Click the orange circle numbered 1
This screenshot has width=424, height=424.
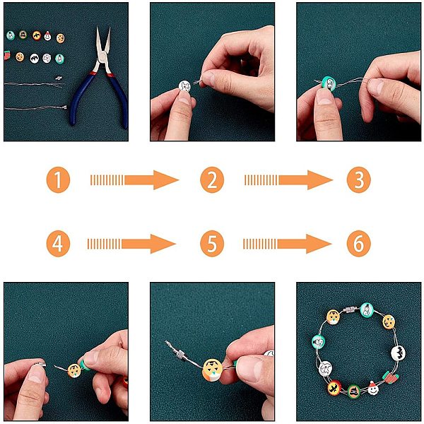point(58,179)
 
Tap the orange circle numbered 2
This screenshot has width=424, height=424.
point(212,179)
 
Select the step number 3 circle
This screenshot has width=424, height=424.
point(358,179)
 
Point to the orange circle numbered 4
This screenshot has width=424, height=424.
point(58,244)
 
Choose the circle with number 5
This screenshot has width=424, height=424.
point(212,244)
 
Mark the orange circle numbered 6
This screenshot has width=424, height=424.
point(358,244)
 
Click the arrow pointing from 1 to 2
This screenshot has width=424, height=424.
point(134,179)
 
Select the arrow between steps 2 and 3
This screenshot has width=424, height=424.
point(288,179)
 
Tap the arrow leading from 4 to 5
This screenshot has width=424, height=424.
point(131,244)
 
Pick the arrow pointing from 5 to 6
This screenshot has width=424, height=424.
point(287,244)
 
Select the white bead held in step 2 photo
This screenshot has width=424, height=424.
point(184,86)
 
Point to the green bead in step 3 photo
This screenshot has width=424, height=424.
point(329,83)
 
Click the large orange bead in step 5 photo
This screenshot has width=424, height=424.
point(212,370)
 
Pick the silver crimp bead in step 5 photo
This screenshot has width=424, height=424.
point(181,353)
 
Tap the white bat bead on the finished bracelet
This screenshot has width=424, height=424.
point(398,353)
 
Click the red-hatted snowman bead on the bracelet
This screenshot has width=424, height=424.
point(373,388)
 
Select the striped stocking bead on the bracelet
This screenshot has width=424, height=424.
point(390,377)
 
